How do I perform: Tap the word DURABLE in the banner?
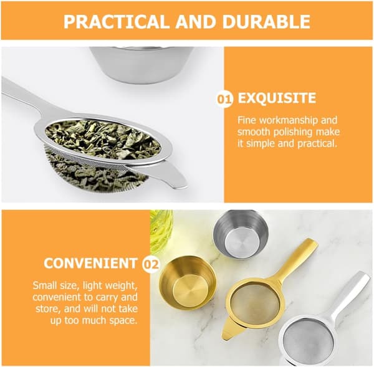tap(266, 21)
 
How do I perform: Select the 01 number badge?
tap(224, 99)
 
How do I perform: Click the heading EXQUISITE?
tap(277, 98)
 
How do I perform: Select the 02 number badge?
tap(151, 264)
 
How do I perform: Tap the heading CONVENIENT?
tap(90, 264)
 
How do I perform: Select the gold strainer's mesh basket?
tap(256, 302)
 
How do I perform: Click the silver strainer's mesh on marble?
tap(306, 340)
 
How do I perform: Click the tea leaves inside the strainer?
tap(103, 139)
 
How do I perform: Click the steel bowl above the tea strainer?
tap(141, 65)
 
